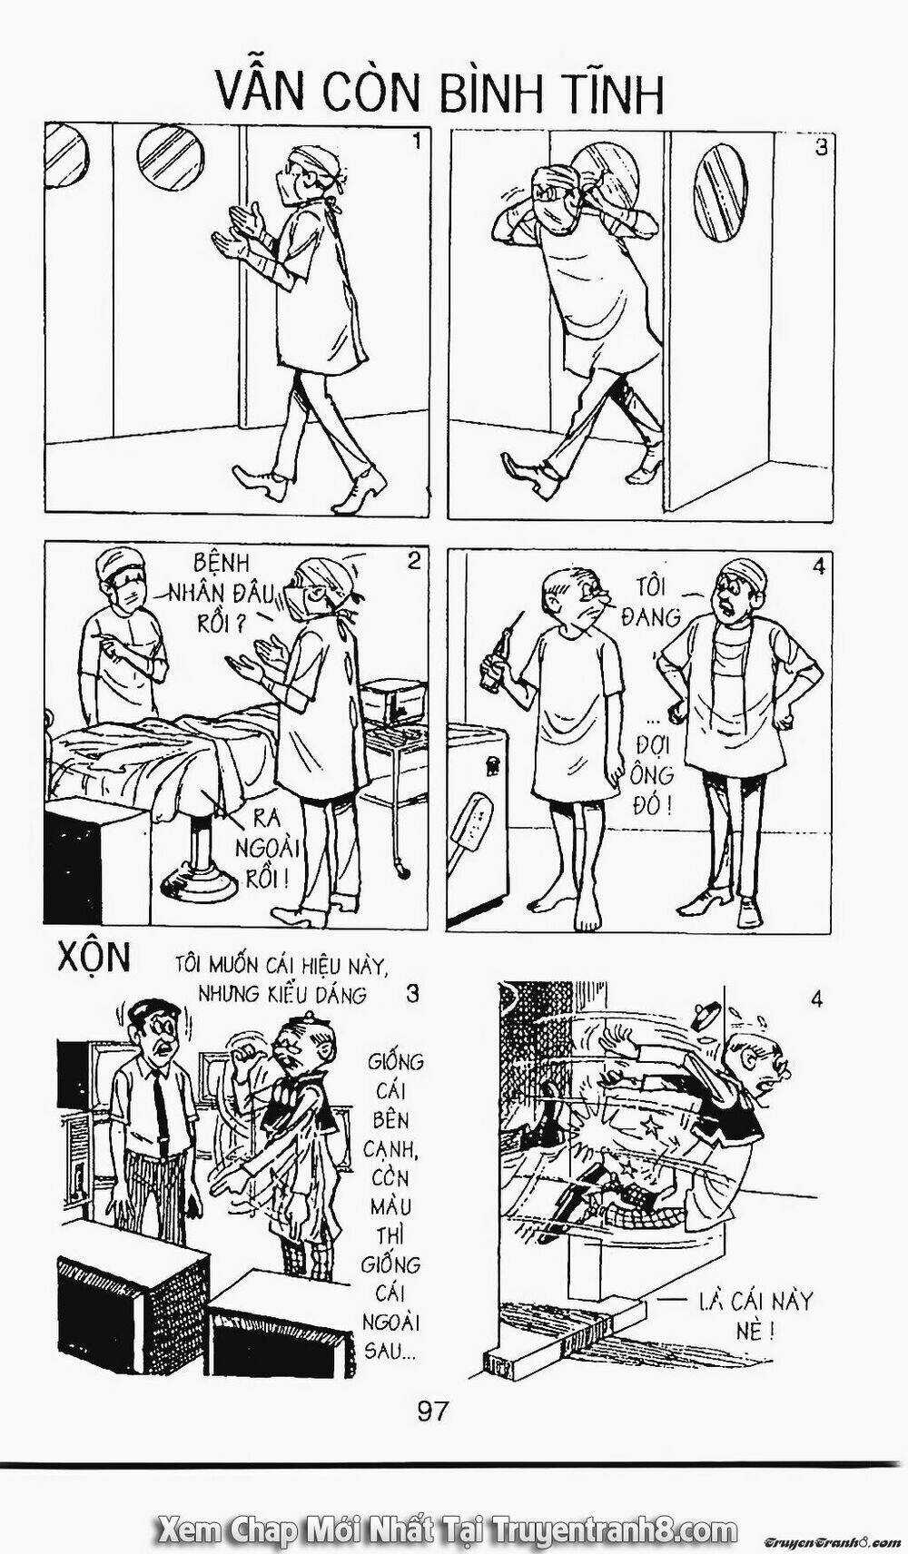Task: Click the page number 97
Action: pos(433,1411)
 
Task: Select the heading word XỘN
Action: pos(94,959)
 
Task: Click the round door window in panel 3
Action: pos(719,195)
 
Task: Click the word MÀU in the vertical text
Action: pos(390,1207)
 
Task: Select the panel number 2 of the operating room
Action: pos(413,561)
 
